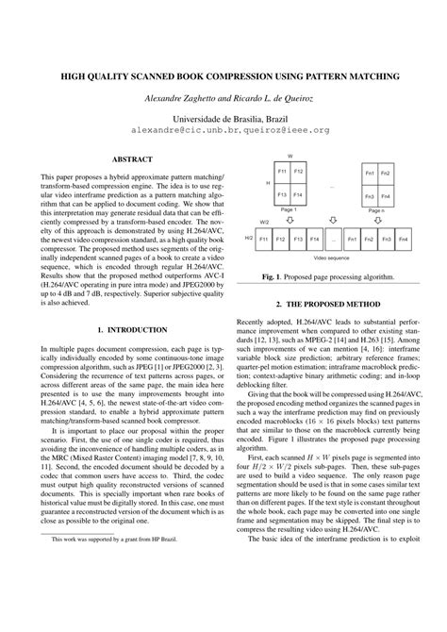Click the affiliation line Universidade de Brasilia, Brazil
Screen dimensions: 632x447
coord(223,118)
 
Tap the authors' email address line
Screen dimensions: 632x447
coord(223,130)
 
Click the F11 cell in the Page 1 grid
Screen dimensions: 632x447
coord(281,172)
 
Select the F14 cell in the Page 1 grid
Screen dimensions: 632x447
coord(298,194)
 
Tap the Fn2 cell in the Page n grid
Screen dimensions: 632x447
coord(386,174)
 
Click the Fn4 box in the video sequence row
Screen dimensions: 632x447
coord(402,241)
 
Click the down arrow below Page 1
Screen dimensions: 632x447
coord(289,219)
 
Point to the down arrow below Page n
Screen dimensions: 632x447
coord(376,219)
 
